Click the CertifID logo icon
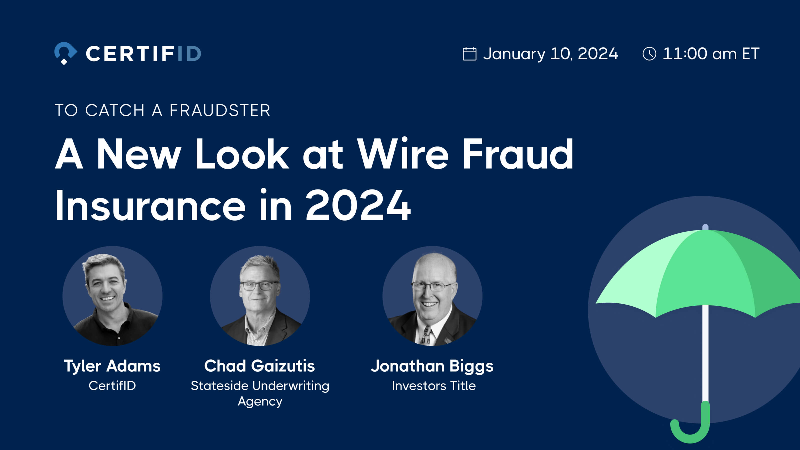click(x=65, y=53)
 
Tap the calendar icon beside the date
click(x=469, y=54)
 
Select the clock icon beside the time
click(x=649, y=54)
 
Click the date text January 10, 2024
click(x=550, y=54)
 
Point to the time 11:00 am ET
click(x=711, y=54)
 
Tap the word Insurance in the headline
click(x=150, y=205)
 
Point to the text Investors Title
click(x=433, y=386)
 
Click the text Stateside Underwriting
click(x=260, y=386)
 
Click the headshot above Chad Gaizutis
click(x=260, y=296)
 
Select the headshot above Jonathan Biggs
click(x=432, y=296)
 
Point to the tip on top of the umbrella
click(x=705, y=227)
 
